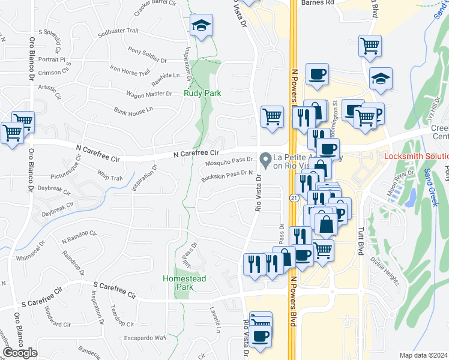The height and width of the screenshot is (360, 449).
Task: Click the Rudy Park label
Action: [x=202, y=94]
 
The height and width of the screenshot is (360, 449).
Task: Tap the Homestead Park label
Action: [x=176, y=283]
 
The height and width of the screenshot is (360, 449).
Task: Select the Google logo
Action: [x=20, y=353]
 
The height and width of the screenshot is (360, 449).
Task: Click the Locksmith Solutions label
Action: [x=416, y=157]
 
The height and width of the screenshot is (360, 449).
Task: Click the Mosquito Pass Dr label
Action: [x=229, y=161]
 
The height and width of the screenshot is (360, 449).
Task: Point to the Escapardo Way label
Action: [x=145, y=338]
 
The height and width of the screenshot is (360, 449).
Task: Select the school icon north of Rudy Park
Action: [x=201, y=26]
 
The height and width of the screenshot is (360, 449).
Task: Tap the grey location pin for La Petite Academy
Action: [x=265, y=160]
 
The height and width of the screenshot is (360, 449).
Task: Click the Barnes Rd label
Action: [x=318, y=2]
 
